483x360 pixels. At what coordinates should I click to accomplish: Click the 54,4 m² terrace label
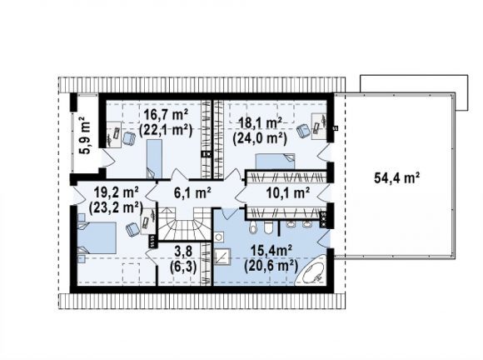click(x=396, y=177)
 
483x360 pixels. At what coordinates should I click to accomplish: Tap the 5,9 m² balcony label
click(x=85, y=135)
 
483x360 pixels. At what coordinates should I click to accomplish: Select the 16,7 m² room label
click(x=166, y=116)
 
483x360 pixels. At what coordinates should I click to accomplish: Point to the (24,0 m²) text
click(x=260, y=138)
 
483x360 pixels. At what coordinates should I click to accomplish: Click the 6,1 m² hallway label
click(x=192, y=193)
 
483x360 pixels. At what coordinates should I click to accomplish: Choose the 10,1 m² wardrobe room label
click(x=288, y=193)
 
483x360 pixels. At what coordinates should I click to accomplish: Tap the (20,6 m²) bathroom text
click(x=271, y=266)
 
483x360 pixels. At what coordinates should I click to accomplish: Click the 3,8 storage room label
click(x=183, y=251)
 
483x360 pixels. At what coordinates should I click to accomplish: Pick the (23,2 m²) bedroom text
click(x=116, y=208)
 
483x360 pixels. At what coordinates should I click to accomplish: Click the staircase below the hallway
click(x=184, y=223)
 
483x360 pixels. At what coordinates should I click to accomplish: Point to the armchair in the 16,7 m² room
click(x=129, y=138)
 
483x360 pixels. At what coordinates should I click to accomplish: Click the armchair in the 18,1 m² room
click(x=304, y=130)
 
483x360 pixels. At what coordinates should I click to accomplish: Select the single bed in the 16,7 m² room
click(x=154, y=159)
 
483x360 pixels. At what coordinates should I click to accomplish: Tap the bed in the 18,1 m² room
click(x=275, y=162)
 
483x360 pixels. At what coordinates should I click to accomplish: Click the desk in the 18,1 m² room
click(x=318, y=127)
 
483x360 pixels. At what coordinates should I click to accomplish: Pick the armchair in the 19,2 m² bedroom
click(x=132, y=230)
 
